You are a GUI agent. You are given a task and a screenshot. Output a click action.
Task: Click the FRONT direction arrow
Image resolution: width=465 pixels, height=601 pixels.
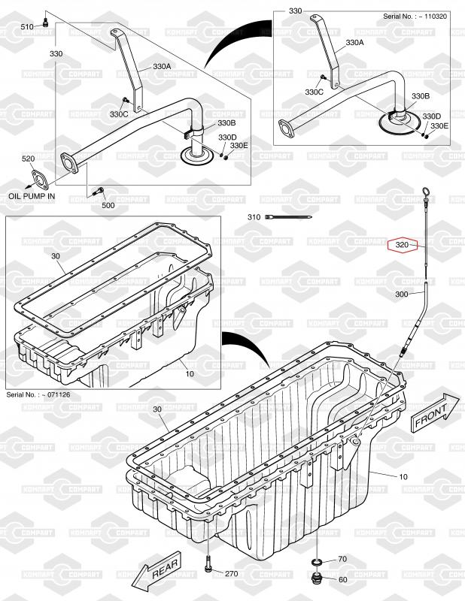[x=436, y=412]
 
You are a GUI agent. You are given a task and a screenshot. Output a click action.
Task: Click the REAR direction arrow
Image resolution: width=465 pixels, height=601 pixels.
[x=157, y=572]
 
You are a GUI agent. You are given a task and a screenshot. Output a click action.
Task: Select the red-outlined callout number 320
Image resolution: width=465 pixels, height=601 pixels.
[x=402, y=245]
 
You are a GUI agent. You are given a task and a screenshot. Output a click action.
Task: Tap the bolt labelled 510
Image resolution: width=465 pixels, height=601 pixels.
[x=46, y=23]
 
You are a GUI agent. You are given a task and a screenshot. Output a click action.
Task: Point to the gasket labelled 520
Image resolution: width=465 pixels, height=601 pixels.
[x=40, y=180]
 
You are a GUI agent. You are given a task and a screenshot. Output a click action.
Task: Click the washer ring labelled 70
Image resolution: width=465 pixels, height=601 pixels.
[x=315, y=562]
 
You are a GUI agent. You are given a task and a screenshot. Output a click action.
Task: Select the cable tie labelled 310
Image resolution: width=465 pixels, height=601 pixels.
[x=288, y=217]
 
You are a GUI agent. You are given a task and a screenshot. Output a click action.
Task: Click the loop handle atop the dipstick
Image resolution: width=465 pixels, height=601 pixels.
[x=426, y=192]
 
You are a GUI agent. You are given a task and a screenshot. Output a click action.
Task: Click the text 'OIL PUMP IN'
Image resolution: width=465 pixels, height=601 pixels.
[x=32, y=196]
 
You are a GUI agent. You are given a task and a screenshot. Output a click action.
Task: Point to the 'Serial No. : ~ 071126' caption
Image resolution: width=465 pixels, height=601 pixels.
[x=38, y=394]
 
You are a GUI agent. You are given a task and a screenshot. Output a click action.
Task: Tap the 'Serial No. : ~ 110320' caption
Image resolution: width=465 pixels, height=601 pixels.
[x=415, y=17]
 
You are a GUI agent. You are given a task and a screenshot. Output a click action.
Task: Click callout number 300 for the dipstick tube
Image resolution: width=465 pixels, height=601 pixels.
[x=402, y=294]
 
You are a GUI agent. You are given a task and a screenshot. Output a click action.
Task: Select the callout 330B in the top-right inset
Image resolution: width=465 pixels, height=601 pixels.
[x=421, y=96]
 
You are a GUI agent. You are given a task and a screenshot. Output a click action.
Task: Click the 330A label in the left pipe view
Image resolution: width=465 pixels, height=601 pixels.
[x=162, y=66]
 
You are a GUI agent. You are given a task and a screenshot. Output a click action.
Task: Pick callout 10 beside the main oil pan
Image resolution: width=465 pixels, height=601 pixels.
[x=403, y=477]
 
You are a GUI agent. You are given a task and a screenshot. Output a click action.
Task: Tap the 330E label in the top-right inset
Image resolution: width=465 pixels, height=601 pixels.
[x=439, y=125]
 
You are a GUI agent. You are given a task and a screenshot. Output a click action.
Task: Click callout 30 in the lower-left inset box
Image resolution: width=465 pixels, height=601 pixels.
[x=56, y=256]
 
